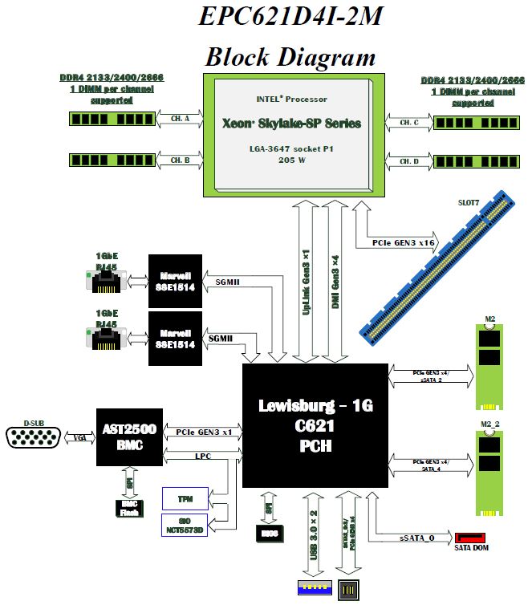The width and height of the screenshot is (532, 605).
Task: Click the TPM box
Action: coord(185,498)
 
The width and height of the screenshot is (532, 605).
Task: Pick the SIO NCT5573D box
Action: coord(185,526)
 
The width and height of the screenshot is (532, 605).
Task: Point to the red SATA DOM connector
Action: coord(470,538)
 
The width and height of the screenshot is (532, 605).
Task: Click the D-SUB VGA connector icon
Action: coord(32,438)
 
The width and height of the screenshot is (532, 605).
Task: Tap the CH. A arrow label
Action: coord(181,119)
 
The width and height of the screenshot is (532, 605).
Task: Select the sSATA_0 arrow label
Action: coord(416,538)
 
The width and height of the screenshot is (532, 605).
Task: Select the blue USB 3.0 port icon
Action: coord(314,590)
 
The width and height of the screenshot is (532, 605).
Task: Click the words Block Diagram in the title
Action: coord(290,56)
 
